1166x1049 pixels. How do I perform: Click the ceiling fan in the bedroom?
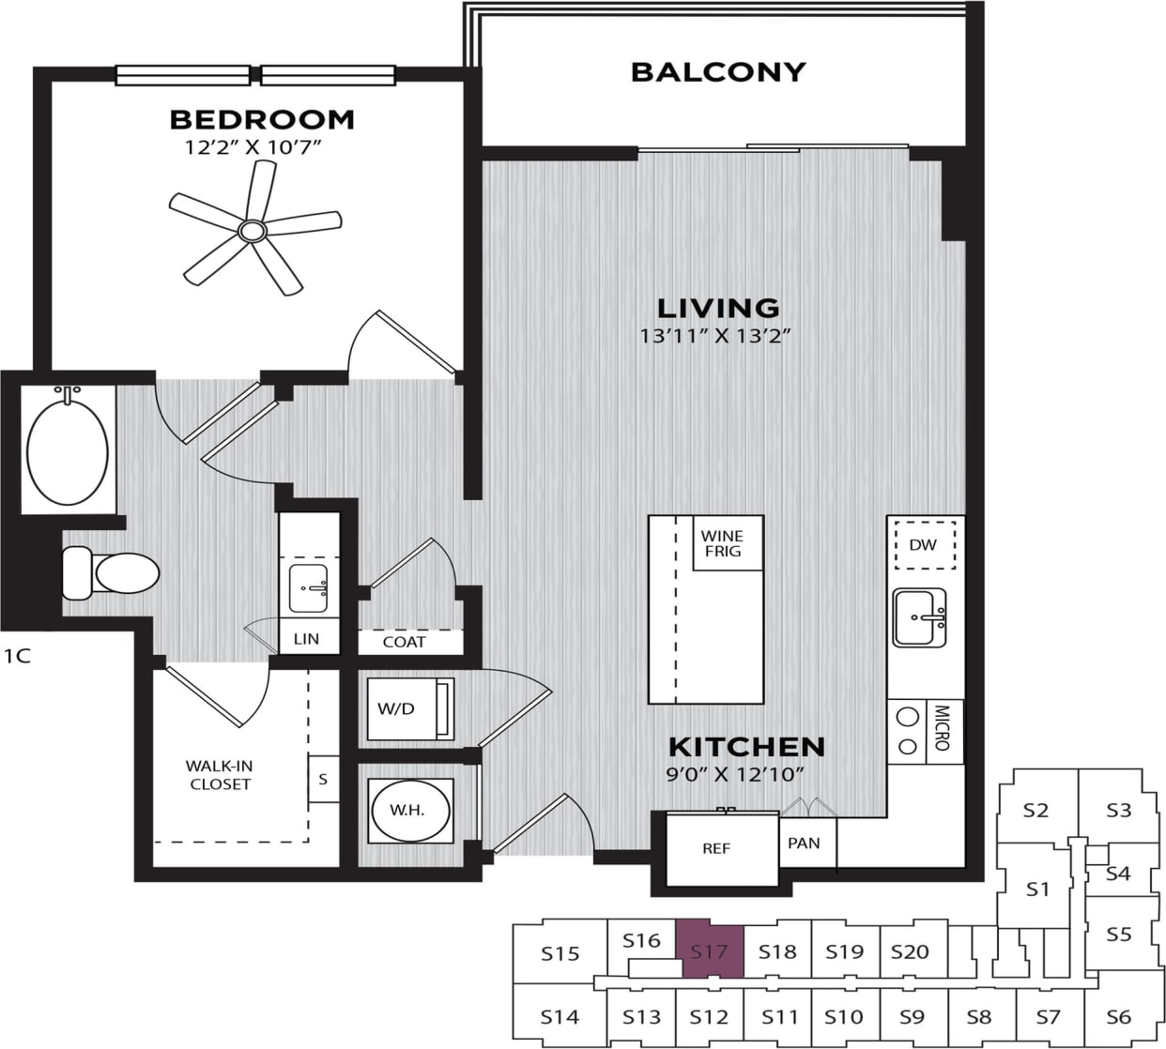click(x=252, y=230)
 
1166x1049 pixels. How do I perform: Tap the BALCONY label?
click(x=718, y=72)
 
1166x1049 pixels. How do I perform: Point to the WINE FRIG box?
click(x=722, y=543)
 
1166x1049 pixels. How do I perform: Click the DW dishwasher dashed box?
click(x=924, y=545)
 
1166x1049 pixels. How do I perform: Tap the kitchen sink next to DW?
click(x=920, y=617)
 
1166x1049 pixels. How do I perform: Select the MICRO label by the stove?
click(x=943, y=727)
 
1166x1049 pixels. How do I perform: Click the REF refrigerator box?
click(x=716, y=849)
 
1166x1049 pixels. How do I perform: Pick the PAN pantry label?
click(x=804, y=844)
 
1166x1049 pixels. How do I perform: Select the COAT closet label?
click(x=404, y=643)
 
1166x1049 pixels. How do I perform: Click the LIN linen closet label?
click(x=306, y=639)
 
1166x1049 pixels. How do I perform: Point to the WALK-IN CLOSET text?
click(x=220, y=775)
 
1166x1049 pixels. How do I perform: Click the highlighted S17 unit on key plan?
click(x=710, y=951)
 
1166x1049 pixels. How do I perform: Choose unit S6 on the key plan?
click(x=1118, y=1016)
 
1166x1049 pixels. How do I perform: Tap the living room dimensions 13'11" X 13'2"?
click(x=718, y=336)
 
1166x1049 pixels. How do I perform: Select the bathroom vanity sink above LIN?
click(x=309, y=583)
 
